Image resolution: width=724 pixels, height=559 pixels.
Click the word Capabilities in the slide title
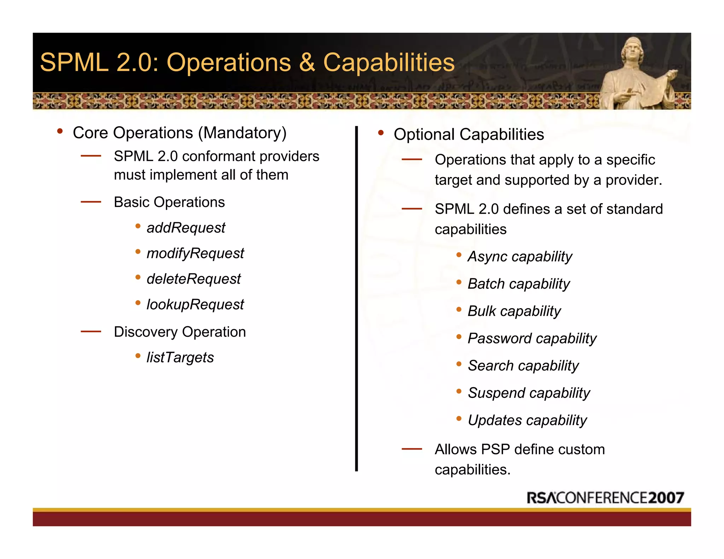click(389, 63)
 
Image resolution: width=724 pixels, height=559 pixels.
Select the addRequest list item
click(186, 228)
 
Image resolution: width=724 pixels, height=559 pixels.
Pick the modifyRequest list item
click(195, 253)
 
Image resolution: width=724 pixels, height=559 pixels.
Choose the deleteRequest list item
click(193, 279)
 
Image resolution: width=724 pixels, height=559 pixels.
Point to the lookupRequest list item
click(195, 305)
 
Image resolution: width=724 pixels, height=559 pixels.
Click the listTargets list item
click(180, 357)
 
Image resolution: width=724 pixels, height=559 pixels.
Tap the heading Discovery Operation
click(180, 332)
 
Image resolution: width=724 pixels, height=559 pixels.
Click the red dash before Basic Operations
click(91, 202)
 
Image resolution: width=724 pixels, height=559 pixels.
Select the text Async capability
click(520, 257)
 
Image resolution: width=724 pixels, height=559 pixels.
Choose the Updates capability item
click(527, 420)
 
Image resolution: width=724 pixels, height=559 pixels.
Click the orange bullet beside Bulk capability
click(459, 310)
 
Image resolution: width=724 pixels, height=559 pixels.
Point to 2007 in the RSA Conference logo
click(666, 498)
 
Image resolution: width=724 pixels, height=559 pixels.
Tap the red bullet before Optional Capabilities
click(381, 133)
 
